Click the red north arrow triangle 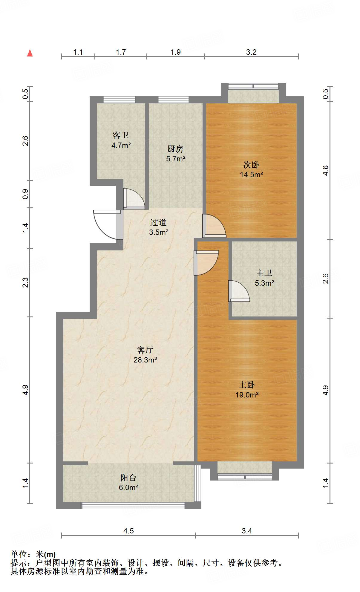(x=30, y=53)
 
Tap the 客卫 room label (x=121, y=135)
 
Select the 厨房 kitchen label (x=175, y=149)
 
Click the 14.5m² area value (x=251, y=175)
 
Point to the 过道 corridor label (x=158, y=222)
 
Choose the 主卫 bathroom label (x=264, y=273)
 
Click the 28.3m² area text (x=145, y=360)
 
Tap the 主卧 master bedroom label (x=247, y=385)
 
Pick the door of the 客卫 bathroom (x=134, y=199)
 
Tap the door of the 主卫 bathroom (x=239, y=291)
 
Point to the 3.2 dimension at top (x=251, y=52)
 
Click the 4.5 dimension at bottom (x=128, y=531)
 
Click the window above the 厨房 (x=174, y=100)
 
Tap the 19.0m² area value (x=247, y=395)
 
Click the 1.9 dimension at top (x=176, y=52)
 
